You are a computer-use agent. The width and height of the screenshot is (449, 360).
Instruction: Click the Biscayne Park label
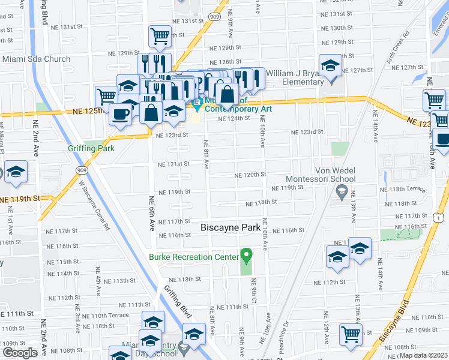(x=231, y=227)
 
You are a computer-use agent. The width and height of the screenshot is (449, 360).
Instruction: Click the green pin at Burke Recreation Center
(x=246, y=256)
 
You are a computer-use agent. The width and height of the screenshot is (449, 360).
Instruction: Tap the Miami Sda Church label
(x=36, y=59)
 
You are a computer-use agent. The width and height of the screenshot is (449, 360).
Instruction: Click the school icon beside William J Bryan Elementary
(x=329, y=65)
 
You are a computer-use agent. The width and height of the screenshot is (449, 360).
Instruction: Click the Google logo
(x=20, y=353)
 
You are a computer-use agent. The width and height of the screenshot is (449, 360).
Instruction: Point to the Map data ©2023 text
(x=423, y=355)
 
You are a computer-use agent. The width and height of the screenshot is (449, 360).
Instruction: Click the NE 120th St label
(x=250, y=175)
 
